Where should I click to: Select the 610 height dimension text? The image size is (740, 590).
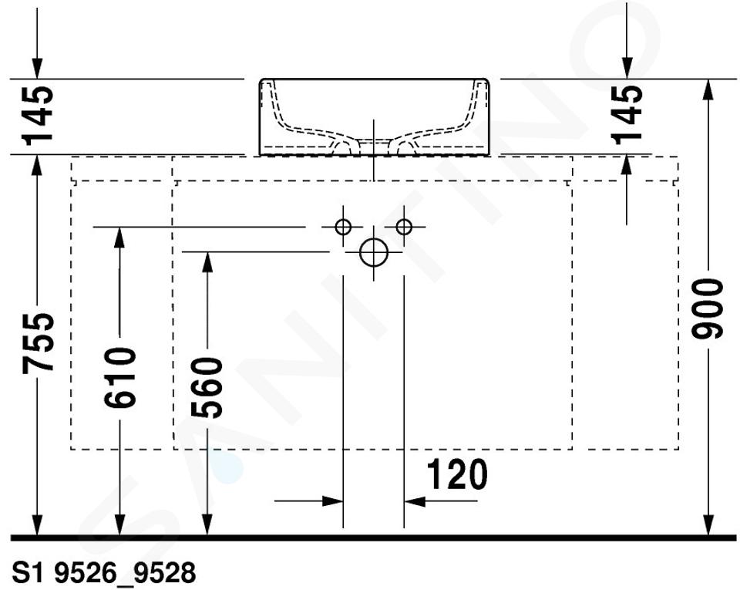(120, 378)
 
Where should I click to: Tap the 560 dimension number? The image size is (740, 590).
(207, 387)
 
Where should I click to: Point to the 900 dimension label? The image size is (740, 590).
(707, 308)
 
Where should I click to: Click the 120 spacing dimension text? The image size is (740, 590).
(457, 474)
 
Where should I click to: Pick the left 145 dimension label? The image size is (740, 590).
(38, 115)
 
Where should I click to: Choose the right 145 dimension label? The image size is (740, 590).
(627, 114)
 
